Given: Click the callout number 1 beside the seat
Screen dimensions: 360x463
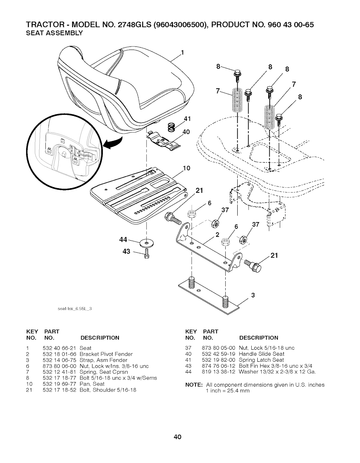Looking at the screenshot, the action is (182, 52).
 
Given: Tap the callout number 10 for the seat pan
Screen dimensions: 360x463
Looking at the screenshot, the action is (186, 168).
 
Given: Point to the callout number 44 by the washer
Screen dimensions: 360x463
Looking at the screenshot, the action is (123, 240).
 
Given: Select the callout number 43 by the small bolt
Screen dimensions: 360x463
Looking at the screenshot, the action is (126, 252).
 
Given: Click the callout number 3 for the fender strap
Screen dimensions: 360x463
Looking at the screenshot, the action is (253, 295).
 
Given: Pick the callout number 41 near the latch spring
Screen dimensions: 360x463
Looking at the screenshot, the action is (187, 119).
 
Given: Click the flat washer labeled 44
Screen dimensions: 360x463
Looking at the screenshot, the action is (147, 243).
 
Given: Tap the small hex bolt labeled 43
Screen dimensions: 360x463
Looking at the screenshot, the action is (147, 254).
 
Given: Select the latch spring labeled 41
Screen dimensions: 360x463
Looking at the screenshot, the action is (171, 127).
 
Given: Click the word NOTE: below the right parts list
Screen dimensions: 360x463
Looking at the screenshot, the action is (194, 385).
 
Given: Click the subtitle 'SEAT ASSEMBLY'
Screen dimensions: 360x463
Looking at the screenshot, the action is (54, 33).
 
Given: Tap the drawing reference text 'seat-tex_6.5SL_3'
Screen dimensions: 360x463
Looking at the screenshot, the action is (75, 309).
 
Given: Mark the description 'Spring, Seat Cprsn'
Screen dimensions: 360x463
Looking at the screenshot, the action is (104, 372).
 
